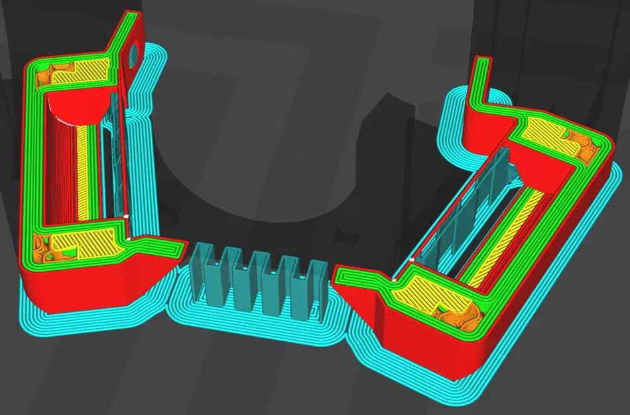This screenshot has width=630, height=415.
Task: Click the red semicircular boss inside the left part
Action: pyautogui.click(x=74, y=106)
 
